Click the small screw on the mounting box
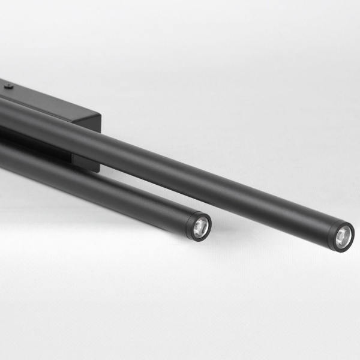click(9, 86)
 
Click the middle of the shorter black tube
click(96, 186)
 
